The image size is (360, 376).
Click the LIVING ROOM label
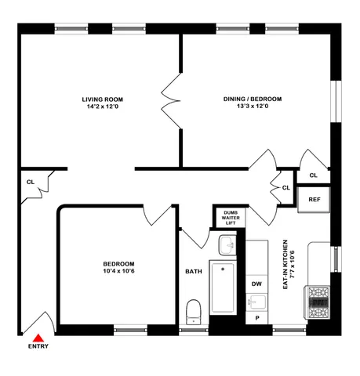pyautogui.click(x=103, y=99)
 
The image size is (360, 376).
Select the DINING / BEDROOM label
pyautogui.click(x=253, y=99)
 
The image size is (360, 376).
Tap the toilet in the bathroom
pyautogui.click(x=193, y=311)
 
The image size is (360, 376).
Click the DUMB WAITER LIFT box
pyautogui.click(x=230, y=217)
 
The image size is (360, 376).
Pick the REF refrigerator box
pyautogui.click(x=314, y=200)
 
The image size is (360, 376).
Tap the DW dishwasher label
pyautogui.click(x=256, y=284)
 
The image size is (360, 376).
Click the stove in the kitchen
pyautogui.click(x=320, y=302)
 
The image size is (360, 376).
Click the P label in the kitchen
pyautogui.click(x=256, y=318)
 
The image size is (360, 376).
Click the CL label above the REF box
pyautogui.click(x=313, y=175)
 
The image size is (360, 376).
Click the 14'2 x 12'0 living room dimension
pyautogui.click(x=103, y=107)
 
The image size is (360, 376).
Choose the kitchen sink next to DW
pyautogui.click(x=256, y=302)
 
